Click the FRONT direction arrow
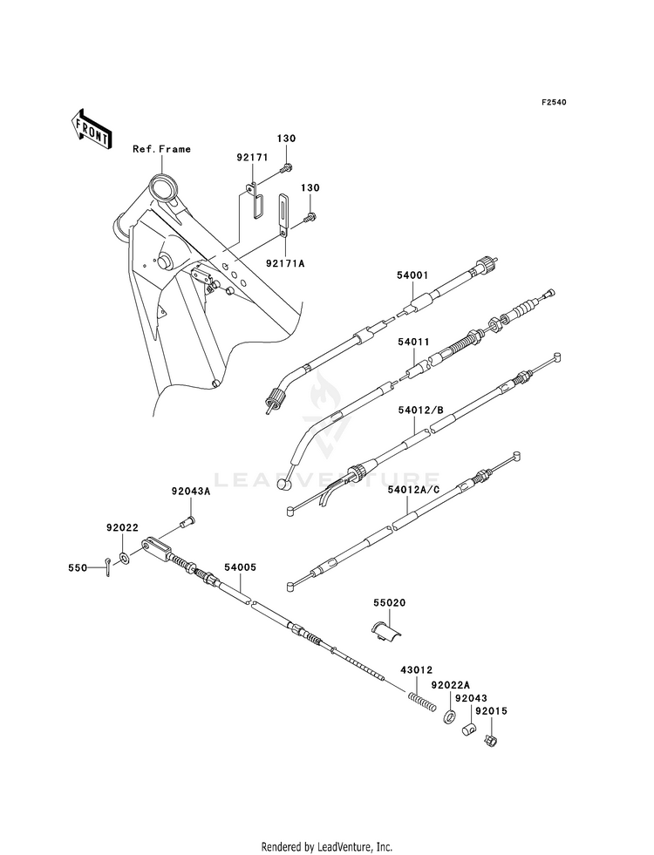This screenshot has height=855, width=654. click(x=91, y=128)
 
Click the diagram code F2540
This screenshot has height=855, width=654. click(x=554, y=102)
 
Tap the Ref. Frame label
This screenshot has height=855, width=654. click(x=162, y=149)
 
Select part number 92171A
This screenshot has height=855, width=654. click(x=285, y=263)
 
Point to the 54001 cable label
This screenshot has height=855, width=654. click(x=413, y=276)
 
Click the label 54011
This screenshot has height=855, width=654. click(x=413, y=342)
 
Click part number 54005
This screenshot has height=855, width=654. click(x=240, y=567)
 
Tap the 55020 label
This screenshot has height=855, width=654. click(x=390, y=603)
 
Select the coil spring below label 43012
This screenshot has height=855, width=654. click(x=422, y=702)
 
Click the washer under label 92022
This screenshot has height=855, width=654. click(x=125, y=557)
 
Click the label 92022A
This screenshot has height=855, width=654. click(x=451, y=685)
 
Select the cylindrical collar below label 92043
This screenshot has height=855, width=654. click(x=470, y=729)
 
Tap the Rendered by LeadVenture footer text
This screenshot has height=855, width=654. click(x=327, y=847)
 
